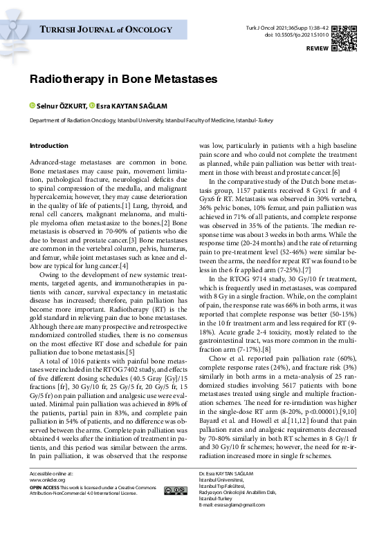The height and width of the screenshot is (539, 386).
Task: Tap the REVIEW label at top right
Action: (x=317, y=50)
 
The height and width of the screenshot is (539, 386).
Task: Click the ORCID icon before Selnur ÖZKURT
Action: (x=32, y=106)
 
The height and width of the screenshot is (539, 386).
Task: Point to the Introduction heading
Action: (x=48, y=146)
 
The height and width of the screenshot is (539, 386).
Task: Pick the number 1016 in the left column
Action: (x=76, y=361)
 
